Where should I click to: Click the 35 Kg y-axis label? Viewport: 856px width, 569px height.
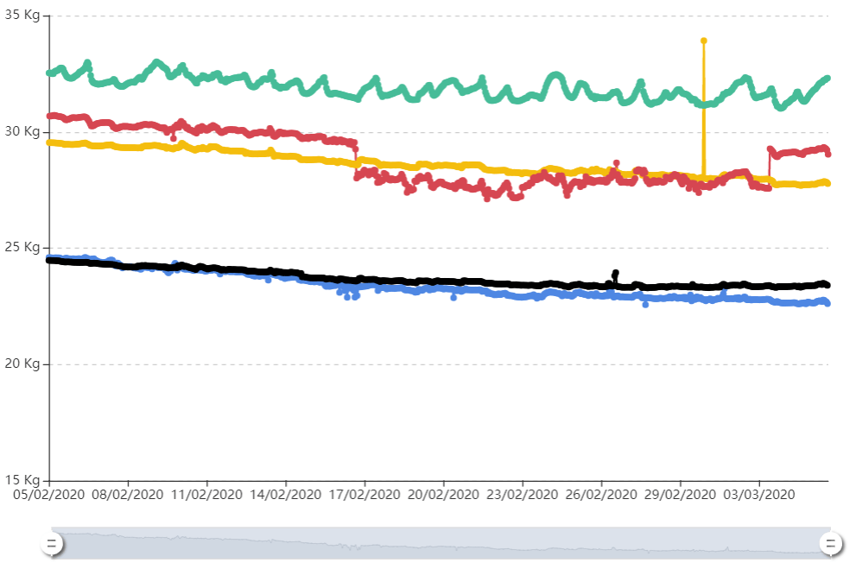[x=22, y=15]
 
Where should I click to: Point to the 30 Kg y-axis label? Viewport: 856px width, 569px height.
[x=22, y=131]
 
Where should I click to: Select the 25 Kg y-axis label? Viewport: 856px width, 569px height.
[x=22, y=247]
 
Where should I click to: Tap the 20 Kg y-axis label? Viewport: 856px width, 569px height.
[x=22, y=364]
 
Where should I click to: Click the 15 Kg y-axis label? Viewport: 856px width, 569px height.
[x=22, y=479]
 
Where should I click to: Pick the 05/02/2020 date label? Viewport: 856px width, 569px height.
[x=49, y=495]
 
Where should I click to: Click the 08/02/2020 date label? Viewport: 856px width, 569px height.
[x=128, y=495]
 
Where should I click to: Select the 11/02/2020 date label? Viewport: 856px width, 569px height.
[x=207, y=495]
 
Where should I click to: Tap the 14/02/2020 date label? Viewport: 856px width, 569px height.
[x=286, y=495]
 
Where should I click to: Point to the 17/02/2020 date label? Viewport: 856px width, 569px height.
[x=365, y=495]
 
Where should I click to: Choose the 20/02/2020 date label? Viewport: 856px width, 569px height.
[x=443, y=495]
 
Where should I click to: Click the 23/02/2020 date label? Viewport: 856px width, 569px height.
[x=523, y=495]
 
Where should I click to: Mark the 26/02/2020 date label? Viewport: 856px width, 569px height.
[x=601, y=495]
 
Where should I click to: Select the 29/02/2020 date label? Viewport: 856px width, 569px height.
[x=680, y=495]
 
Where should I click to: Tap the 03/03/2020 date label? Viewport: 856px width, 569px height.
[x=759, y=495]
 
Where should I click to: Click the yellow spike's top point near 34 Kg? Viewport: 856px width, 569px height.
[x=704, y=41]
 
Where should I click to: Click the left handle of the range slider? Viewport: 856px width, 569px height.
[x=52, y=543]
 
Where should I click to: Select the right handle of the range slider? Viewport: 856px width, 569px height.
[x=831, y=543]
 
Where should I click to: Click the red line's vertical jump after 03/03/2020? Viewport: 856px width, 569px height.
[x=770, y=168]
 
